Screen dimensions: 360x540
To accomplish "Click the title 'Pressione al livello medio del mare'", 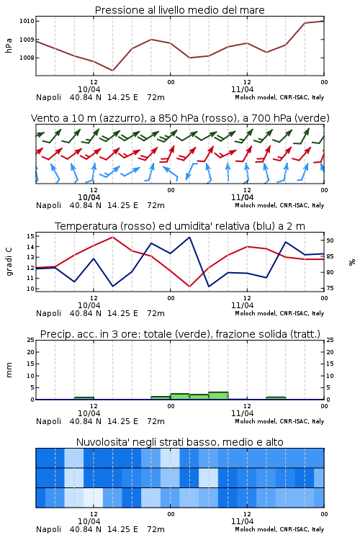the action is coord(179,10).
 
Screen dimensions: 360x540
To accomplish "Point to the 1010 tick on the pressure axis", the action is coord(27,21).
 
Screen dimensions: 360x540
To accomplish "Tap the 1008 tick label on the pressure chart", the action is coord(27,58).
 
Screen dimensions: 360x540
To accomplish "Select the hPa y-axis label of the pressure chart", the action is coord(9,45).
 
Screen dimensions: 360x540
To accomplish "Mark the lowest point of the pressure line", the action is coord(112,71).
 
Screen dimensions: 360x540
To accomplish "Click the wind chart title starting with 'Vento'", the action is coord(180,118).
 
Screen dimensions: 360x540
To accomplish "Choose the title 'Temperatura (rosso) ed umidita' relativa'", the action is coord(180,226).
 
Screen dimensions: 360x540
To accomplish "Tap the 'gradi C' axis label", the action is coord(9,262).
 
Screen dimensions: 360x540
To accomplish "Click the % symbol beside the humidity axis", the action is coord(352,262).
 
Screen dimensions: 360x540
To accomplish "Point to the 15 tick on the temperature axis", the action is coord(30,236).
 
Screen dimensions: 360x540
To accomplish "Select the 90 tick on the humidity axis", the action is coord(330,240).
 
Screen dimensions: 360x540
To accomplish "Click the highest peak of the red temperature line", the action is coord(112,237).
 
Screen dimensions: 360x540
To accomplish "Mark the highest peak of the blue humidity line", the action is coord(189,237).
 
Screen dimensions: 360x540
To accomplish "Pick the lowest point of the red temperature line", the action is coord(189,287).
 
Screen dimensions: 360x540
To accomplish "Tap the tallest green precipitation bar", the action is coord(218,396).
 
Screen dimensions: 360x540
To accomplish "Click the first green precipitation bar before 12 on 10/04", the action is coord(84,398).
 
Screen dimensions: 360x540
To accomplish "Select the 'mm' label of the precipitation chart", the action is coord(9,370).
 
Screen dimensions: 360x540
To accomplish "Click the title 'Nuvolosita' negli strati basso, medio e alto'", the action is coord(179,442).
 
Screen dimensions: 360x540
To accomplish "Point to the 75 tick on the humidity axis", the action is coord(330,288).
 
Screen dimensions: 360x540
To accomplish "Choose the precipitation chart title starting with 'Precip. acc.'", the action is coord(180,334).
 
